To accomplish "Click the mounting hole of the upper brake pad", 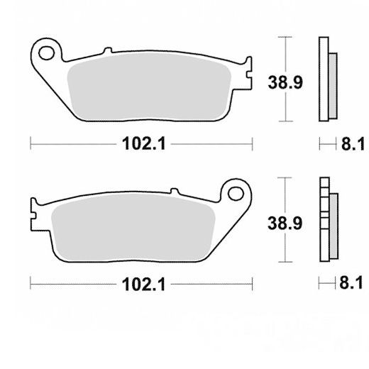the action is click(x=47, y=53).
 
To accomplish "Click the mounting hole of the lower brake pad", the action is click(x=236, y=194).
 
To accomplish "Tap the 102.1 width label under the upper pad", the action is click(x=144, y=143).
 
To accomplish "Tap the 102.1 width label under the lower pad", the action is click(x=143, y=284).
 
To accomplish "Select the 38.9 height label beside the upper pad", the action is click(x=285, y=82).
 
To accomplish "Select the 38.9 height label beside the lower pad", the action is click(x=285, y=223).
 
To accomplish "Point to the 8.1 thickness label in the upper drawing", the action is click(x=353, y=144).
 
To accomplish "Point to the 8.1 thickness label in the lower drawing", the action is click(x=351, y=282).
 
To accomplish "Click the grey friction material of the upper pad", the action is click(x=149, y=87).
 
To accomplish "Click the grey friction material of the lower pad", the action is click(x=133, y=227).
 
